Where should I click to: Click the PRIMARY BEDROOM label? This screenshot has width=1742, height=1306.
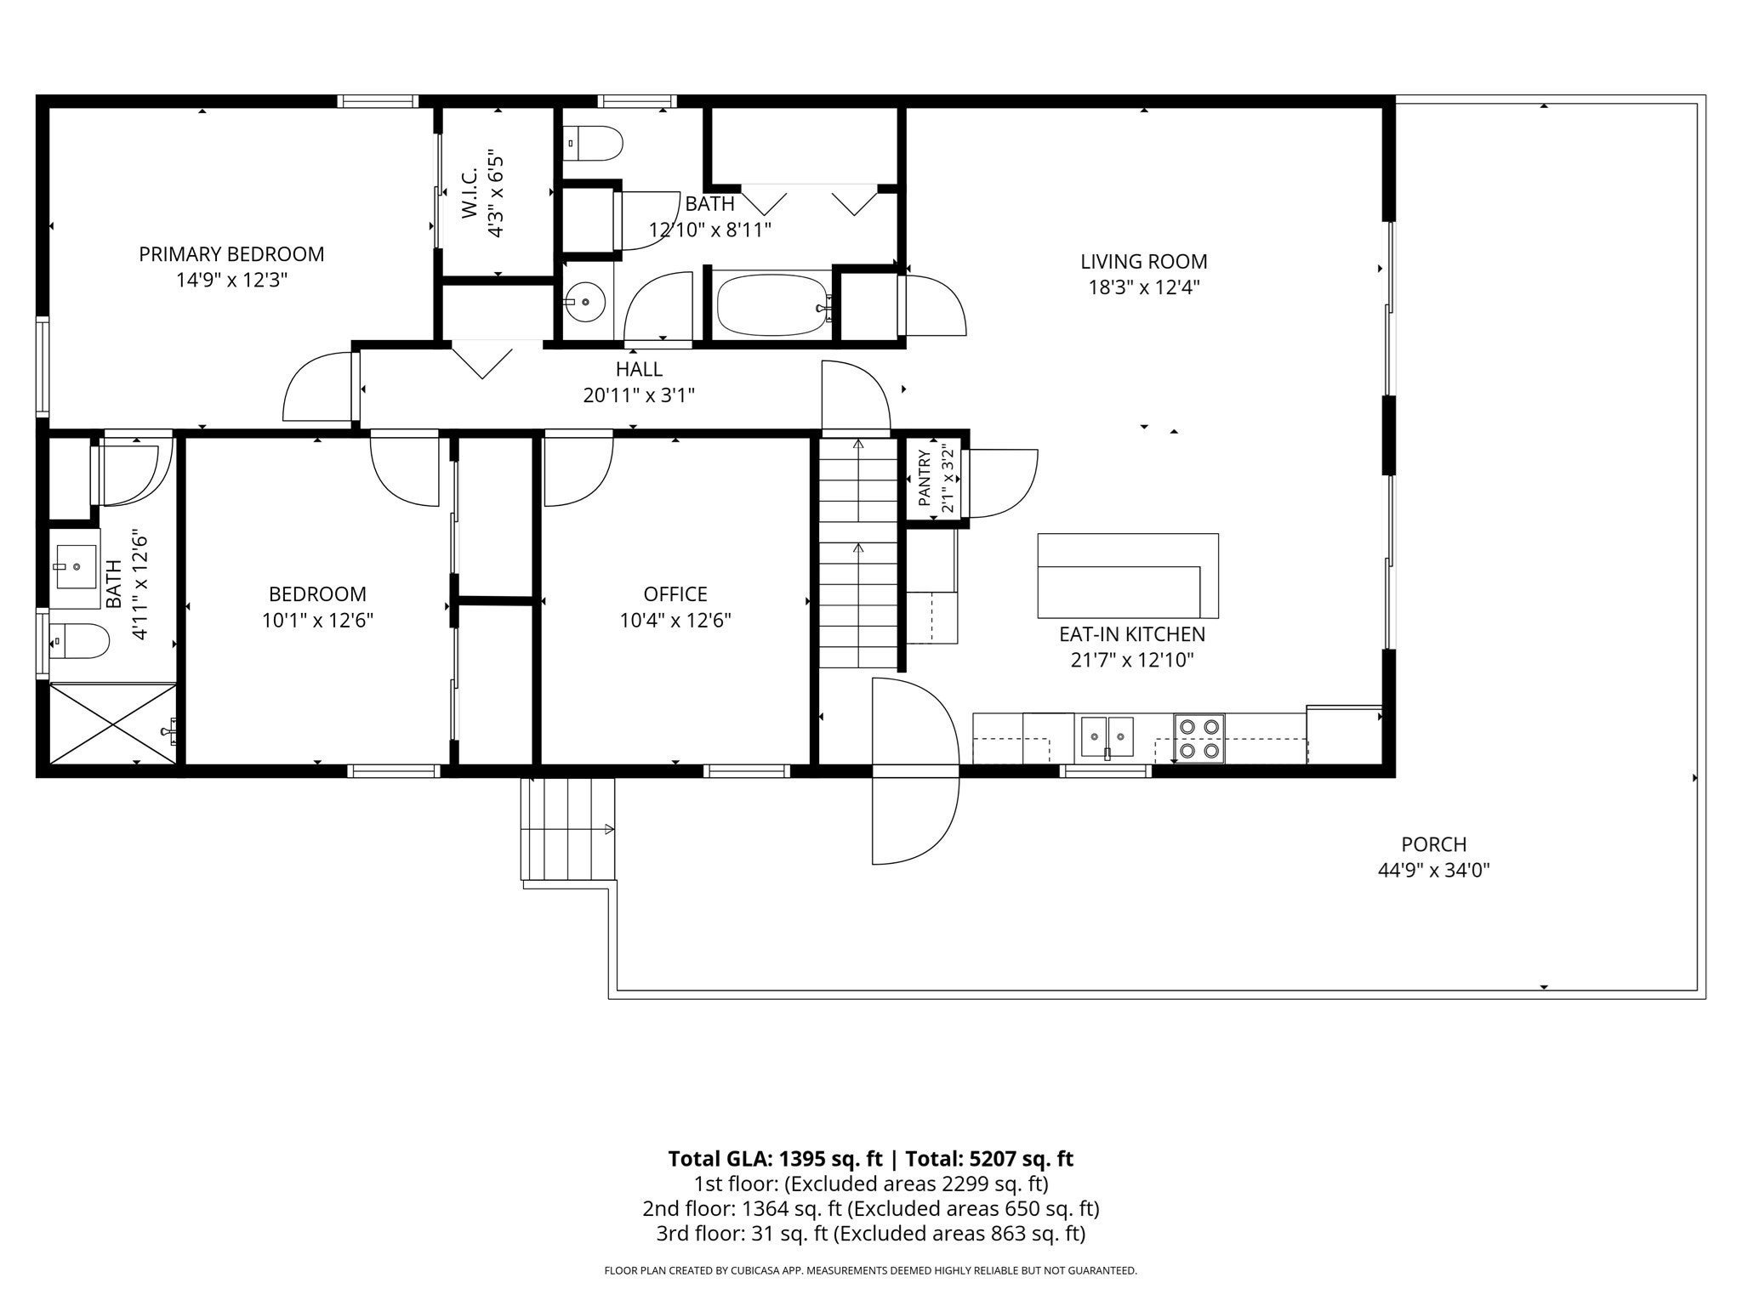231,253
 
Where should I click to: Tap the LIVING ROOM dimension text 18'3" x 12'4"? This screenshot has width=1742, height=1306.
1144,287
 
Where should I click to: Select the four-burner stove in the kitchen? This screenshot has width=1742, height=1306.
1199,738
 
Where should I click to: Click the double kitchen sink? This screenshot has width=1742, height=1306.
1107,736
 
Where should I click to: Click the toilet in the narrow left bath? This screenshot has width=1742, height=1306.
79,641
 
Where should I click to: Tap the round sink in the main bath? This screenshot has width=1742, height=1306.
584,302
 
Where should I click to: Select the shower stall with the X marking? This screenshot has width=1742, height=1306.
113,724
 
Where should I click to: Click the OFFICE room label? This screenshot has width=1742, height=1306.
675,593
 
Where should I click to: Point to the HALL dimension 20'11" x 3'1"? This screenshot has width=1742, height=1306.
639,395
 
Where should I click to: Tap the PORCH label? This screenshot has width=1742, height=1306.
1434,844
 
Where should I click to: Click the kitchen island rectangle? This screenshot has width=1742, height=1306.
1128,576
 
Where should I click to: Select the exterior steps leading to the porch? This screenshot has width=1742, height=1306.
567,829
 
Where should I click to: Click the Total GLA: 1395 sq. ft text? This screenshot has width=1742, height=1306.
777,1159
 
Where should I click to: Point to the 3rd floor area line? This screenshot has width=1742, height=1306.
870,1234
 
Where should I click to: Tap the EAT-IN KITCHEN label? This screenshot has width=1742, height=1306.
1132,634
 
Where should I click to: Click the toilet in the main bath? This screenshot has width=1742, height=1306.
593,143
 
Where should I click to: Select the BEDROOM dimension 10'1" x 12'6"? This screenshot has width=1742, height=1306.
318,621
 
